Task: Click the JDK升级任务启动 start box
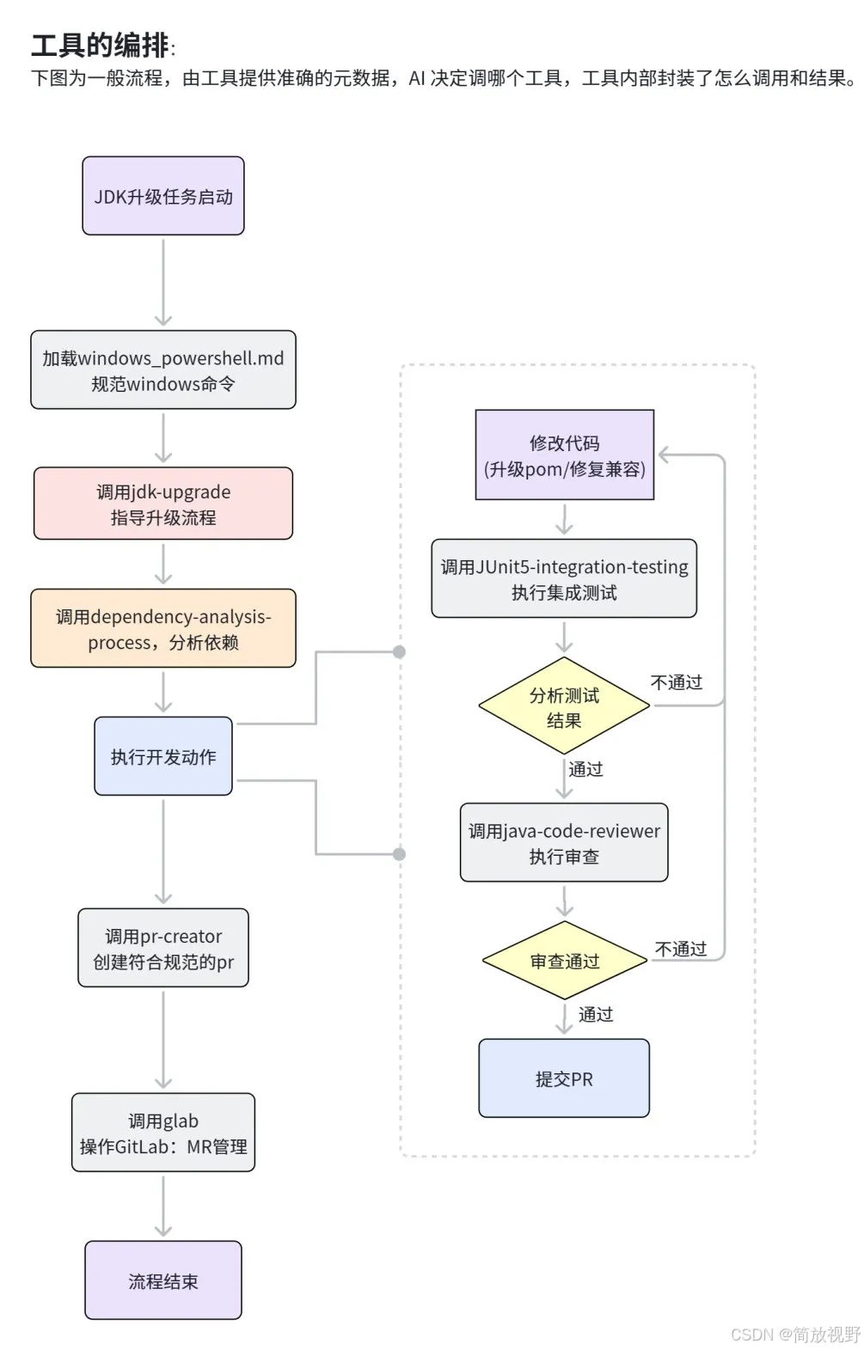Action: pos(162,196)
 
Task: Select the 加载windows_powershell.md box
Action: pos(162,370)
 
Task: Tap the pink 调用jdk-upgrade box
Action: pos(162,504)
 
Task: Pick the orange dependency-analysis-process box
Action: pos(162,628)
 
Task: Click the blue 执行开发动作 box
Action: pos(162,755)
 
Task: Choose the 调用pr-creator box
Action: pos(162,948)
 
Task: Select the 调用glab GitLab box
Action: pos(162,1133)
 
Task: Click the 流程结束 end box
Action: pos(162,1280)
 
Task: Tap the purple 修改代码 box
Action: pos(564,455)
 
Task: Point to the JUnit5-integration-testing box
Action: pos(564,578)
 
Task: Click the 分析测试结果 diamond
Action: pos(564,706)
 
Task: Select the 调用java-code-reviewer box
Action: pos(564,842)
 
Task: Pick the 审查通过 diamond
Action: pos(564,960)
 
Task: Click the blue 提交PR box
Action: pos(564,1078)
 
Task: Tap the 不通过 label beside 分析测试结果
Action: pos(677,682)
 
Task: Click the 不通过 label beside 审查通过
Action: pos(681,950)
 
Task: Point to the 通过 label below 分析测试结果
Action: pos(585,769)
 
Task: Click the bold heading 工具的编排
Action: pos(100,46)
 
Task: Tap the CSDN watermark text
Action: pos(795,1335)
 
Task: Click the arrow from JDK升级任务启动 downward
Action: pos(162,282)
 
